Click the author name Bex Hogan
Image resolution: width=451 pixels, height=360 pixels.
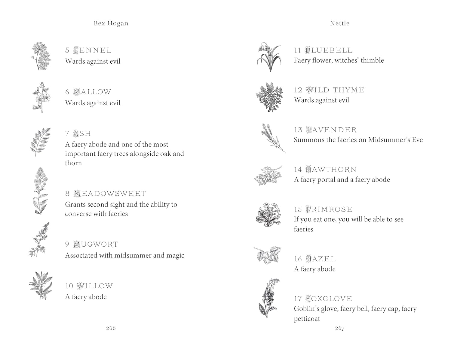pos(111,23)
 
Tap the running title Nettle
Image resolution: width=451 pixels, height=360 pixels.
pos(340,23)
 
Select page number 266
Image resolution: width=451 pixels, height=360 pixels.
pos(111,328)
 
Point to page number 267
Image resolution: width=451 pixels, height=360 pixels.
pos(340,328)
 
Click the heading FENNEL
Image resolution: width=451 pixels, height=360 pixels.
pos(93,50)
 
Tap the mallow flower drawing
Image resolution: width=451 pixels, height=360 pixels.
pos(41,97)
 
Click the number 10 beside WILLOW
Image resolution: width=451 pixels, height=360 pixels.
pos(69,286)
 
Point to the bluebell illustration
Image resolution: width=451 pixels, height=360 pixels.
pos(269,57)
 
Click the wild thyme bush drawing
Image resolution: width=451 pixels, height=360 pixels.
pos(269,97)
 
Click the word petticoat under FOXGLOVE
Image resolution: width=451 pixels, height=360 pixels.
pos(307,319)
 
